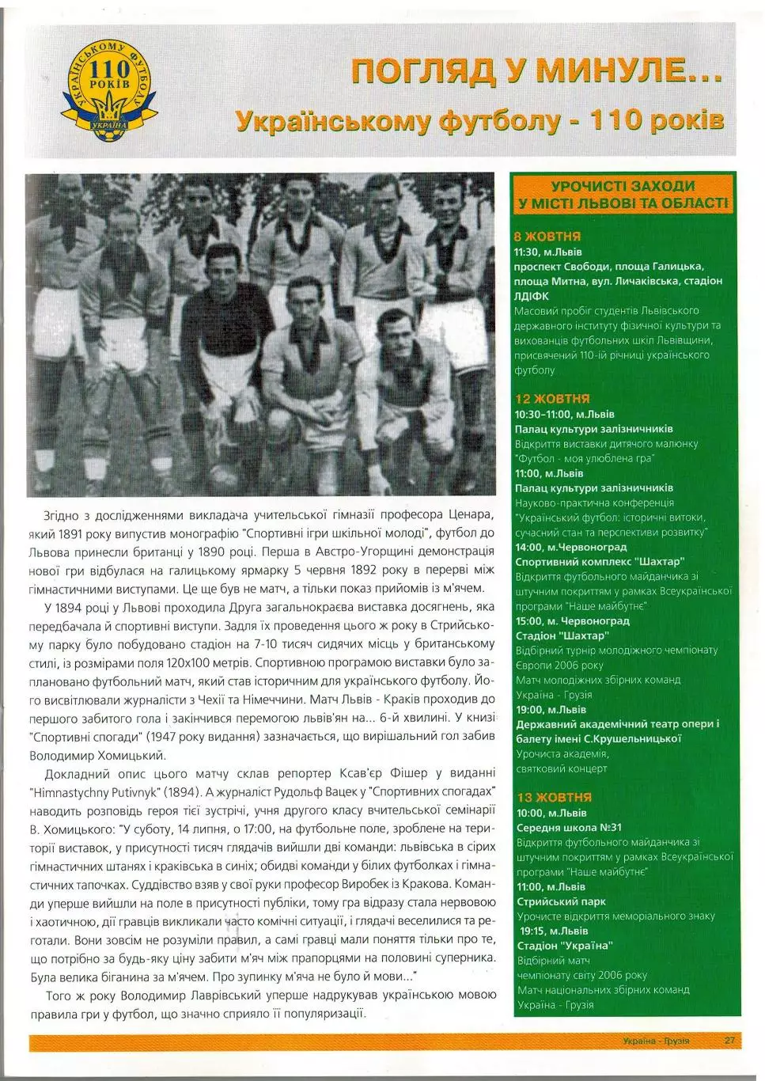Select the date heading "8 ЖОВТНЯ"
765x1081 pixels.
pyautogui.click(x=547, y=236)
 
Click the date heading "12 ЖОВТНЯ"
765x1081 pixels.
pyautogui.click(x=552, y=399)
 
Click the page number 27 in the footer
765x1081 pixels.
pyautogui.click(x=729, y=1041)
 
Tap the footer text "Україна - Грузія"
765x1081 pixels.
pyautogui.click(x=656, y=1041)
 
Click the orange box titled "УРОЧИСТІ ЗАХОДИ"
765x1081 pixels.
pyautogui.click(x=623, y=195)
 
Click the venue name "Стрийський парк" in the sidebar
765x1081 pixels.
pyautogui.click(x=561, y=901)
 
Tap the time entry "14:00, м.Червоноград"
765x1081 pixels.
pyautogui.click(x=570, y=547)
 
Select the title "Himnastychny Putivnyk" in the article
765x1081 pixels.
pyautogui.click(x=100, y=791)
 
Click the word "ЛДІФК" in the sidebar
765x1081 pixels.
pyautogui.click(x=531, y=296)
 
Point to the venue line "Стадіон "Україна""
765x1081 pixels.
pyautogui.click(x=564, y=946)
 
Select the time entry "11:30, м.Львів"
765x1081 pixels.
pyautogui.click(x=547, y=252)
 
